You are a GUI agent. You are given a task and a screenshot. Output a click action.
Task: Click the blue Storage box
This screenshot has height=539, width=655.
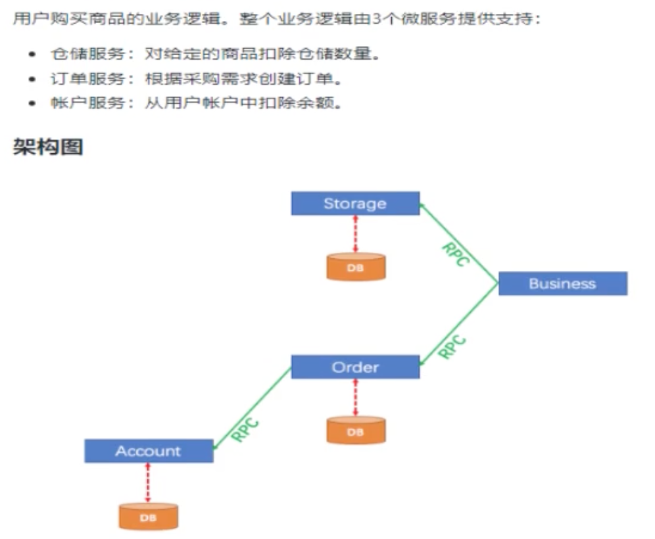point(355,204)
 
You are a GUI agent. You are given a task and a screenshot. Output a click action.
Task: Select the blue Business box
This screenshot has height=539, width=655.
point(562,284)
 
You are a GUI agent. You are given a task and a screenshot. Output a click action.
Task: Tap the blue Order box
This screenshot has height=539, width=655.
point(355,367)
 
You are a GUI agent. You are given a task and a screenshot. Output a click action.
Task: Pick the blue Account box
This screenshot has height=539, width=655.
point(149,451)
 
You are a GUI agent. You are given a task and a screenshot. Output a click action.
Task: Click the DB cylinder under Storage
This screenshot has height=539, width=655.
point(356,267)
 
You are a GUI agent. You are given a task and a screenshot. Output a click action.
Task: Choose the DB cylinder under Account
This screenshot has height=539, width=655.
point(149,516)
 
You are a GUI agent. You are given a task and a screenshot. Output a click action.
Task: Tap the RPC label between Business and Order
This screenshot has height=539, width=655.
point(452,346)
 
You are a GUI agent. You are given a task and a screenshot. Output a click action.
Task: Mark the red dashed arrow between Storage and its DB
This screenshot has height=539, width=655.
point(356,233)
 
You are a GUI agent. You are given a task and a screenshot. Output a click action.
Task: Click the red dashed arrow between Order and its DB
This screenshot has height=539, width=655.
point(356,396)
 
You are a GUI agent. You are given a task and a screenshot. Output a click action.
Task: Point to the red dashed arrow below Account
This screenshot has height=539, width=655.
point(149,482)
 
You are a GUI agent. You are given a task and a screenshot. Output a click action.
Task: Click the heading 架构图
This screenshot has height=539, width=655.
point(48,147)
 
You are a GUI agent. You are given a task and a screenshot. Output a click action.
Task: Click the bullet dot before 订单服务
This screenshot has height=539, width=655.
point(32,80)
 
